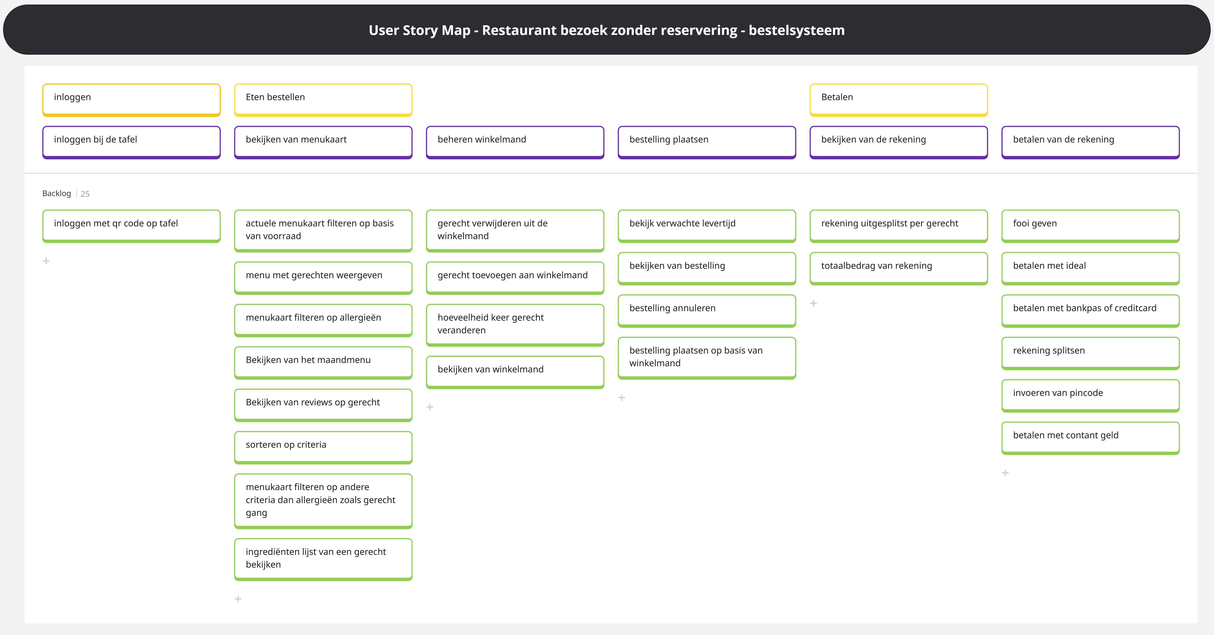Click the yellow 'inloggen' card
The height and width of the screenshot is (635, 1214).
[131, 99]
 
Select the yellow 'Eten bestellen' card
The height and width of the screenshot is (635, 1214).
[323, 99]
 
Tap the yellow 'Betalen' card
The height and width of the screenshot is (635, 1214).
[898, 99]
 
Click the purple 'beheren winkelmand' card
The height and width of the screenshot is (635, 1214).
[515, 141]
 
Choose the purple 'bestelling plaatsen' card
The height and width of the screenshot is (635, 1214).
[707, 141]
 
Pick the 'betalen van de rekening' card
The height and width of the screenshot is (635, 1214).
[1090, 141]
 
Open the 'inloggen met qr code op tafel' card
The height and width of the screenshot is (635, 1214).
[131, 225]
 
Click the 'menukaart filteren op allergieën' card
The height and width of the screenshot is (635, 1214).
[323, 320]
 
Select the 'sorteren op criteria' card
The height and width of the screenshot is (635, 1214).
[323, 447]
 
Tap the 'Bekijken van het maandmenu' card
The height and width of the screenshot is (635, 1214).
[323, 362]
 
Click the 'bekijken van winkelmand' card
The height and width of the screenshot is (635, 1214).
[515, 372]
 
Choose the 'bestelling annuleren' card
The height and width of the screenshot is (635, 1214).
[707, 310]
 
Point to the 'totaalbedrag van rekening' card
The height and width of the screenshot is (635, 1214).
[898, 268]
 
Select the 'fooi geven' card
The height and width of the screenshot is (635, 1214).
[1090, 225]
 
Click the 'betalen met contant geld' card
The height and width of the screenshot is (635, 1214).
[1090, 437]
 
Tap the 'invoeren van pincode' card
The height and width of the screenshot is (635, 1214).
[1090, 395]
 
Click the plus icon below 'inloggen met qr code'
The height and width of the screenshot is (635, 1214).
[46, 261]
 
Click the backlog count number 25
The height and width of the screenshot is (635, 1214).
[85, 194]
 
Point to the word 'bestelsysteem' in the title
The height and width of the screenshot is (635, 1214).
[797, 30]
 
